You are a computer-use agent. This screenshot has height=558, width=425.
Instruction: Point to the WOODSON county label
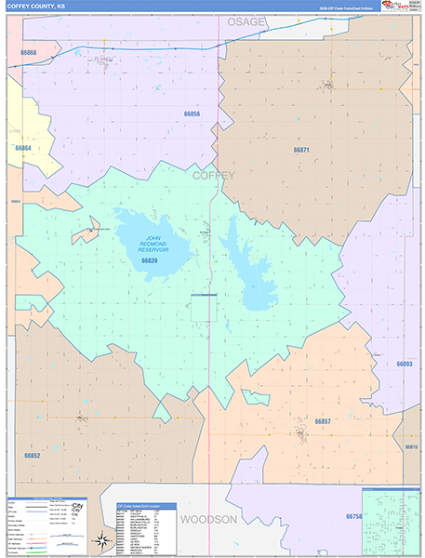pyautogui.click(x=209, y=519)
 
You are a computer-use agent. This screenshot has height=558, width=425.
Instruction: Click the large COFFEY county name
pyautogui.click(x=214, y=175)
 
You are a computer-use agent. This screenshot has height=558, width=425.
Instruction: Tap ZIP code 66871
pyautogui.click(x=301, y=149)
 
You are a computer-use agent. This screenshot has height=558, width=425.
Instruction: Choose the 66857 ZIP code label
pyautogui.click(x=323, y=422)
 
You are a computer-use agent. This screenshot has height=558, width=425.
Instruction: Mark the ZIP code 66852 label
pyautogui.click(x=32, y=456)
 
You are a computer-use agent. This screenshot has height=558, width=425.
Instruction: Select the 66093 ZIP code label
pyautogui.click(x=404, y=364)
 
